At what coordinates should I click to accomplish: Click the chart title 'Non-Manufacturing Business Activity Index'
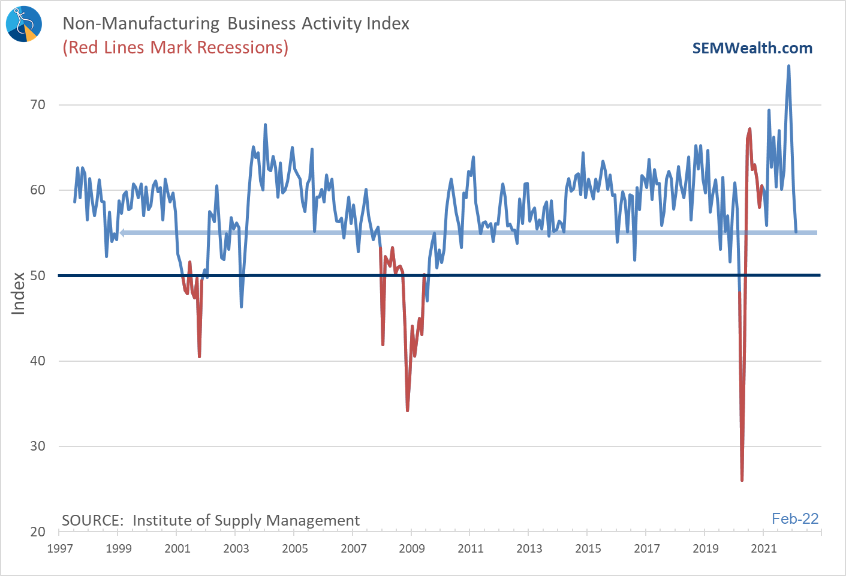pos(236,23)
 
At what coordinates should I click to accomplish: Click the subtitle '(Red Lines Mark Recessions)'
pos(176,47)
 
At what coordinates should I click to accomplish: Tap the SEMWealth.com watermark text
pos(752,48)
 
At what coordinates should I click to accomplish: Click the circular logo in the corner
pos(24,24)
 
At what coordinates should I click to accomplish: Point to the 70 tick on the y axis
pos(38,105)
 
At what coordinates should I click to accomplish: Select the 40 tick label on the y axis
pos(38,361)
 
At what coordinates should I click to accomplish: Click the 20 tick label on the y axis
pos(38,532)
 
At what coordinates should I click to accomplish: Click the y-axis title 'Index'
pos(19,293)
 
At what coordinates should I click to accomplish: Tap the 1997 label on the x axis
pos(60,548)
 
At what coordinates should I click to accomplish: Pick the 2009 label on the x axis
pos(412,548)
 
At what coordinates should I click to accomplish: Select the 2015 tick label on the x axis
pos(588,548)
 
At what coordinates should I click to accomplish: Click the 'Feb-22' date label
pos(795,519)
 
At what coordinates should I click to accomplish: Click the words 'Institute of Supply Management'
pos(246,520)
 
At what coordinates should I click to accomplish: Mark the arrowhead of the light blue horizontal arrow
pos(122,233)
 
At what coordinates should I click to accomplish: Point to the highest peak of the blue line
pos(788,66)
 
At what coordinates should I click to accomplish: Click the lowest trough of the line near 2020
pos(742,480)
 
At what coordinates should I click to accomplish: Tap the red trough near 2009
pos(408,410)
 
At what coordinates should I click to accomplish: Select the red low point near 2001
pos(200,356)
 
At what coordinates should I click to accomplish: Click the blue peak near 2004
pos(265,125)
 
